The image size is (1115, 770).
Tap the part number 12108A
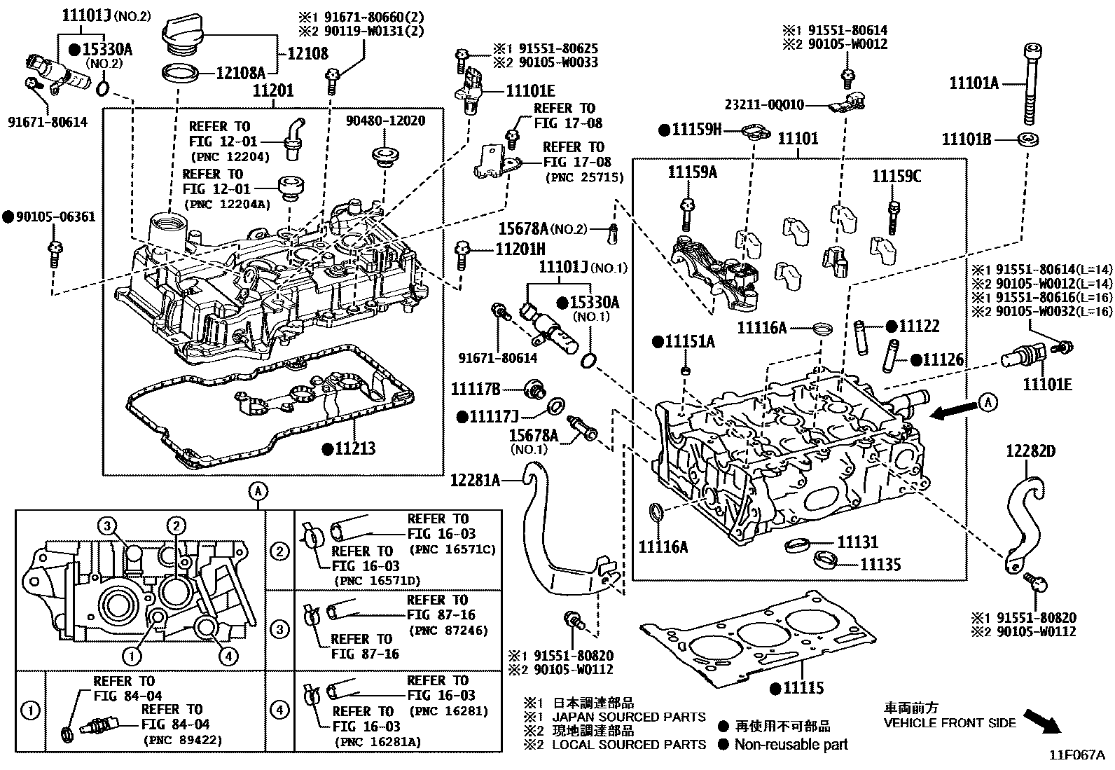point(240,72)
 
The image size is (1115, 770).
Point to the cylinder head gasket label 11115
point(803,689)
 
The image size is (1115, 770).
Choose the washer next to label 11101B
point(1027,139)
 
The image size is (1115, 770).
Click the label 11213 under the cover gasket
point(354,448)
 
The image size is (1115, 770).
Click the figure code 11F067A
point(1076,755)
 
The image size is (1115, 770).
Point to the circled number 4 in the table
point(279,710)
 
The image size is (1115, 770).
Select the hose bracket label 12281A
point(475,480)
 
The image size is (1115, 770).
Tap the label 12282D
point(1030,451)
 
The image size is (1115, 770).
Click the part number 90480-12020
point(385,121)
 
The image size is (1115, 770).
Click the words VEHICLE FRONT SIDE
point(949,723)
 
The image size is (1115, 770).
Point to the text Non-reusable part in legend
point(790,745)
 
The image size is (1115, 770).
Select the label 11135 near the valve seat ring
point(880,564)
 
